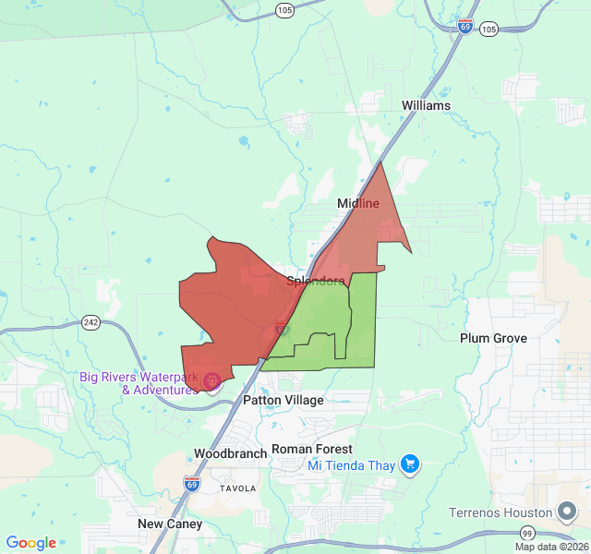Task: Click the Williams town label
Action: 426,105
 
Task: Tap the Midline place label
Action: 357,203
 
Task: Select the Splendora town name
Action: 316,281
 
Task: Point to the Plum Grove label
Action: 493,338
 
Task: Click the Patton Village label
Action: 283,401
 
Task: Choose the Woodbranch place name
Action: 230,453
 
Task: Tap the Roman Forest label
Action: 312,449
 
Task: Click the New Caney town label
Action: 170,524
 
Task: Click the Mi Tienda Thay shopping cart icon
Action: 411,464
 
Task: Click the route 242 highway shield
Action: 90,322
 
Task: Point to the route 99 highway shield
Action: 527,534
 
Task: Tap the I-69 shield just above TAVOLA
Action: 191,483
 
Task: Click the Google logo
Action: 30,543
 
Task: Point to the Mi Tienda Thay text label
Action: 352,464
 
